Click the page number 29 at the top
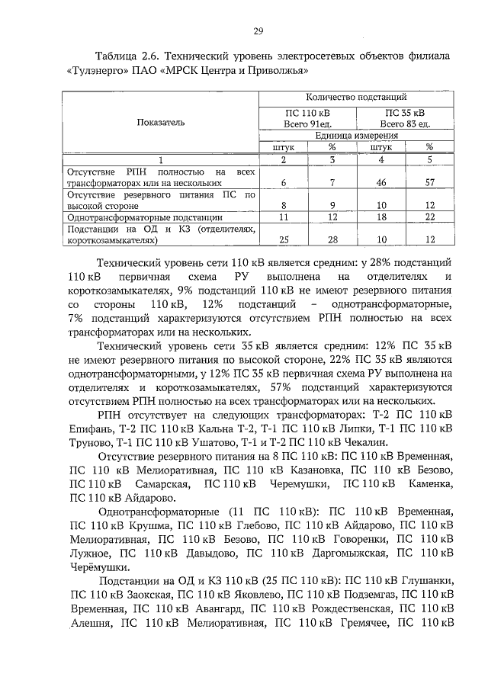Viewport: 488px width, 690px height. point(258,31)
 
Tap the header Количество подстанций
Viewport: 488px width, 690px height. point(356,97)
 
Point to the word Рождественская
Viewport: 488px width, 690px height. point(347,608)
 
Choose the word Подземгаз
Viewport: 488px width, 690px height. point(363,594)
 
